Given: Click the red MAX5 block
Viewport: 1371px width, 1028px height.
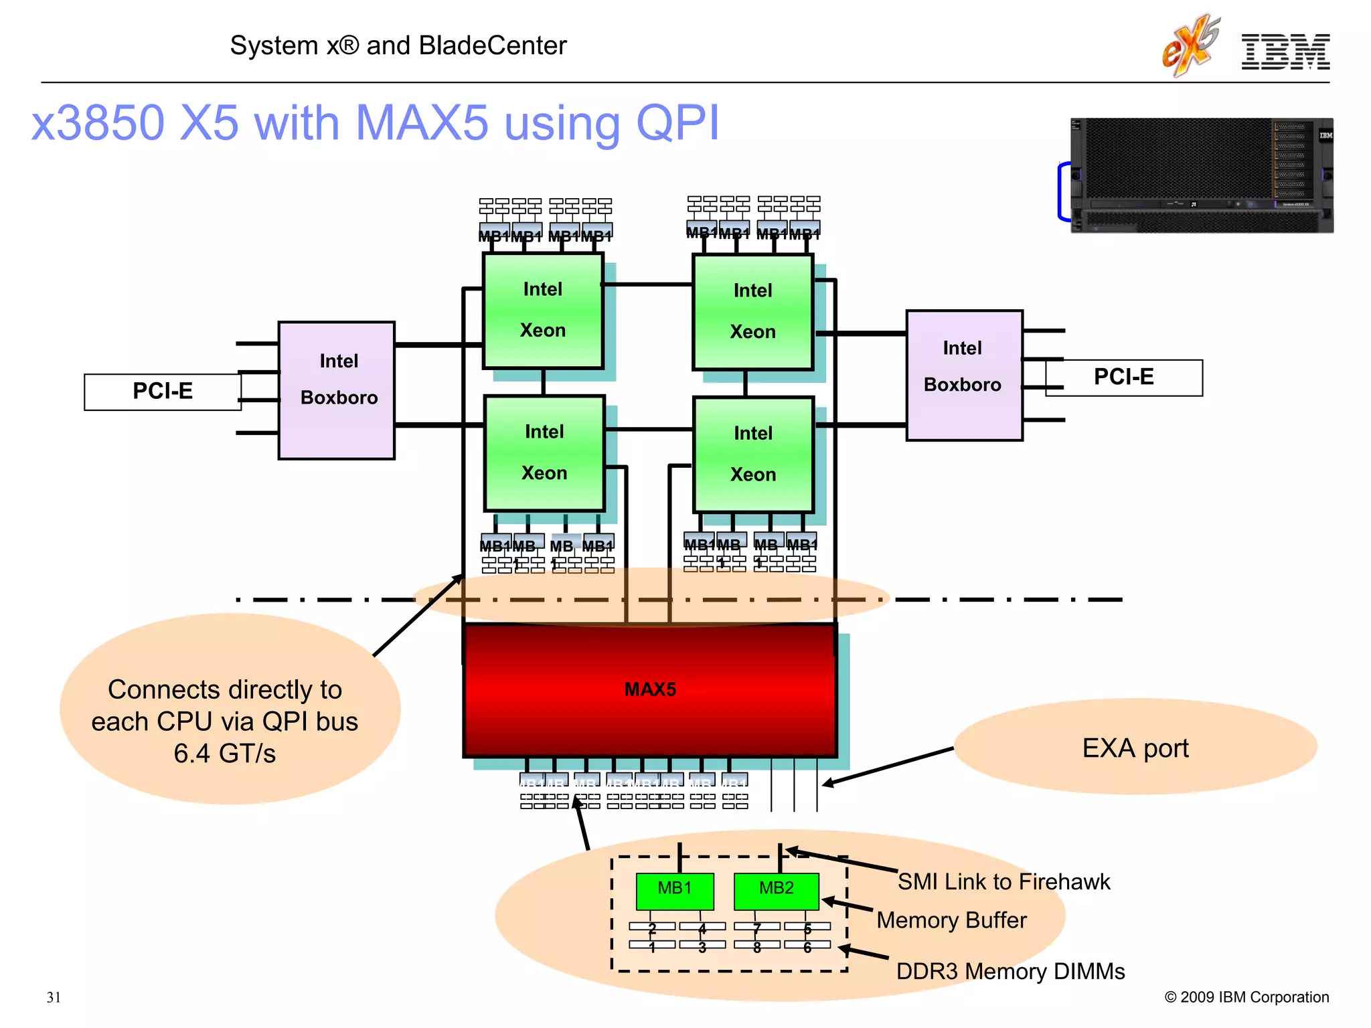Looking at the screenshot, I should [x=649, y=690].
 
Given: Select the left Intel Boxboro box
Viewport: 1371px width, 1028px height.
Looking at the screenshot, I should [x=337, y=390].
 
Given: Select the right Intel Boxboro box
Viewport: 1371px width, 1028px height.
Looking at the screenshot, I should [x=964, y=375].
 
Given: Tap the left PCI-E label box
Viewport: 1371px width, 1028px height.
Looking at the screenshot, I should [x=162, y=392].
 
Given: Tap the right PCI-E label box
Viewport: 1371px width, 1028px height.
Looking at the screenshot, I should [x=1123, y=377].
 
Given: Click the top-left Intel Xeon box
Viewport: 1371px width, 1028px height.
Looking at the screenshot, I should [x=543, y=311].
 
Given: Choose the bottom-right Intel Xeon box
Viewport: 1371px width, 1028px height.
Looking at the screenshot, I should [x=753, y=454].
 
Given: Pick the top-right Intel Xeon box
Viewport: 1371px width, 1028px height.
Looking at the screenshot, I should [x=753, y=312].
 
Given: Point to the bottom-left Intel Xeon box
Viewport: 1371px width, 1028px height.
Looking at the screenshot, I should [x=544, y=453].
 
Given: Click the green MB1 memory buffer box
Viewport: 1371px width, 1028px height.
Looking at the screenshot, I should [x=674, y=890].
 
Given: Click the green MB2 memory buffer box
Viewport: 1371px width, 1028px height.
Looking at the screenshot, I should [x=776, y=890].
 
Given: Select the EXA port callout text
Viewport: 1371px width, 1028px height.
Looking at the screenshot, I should [x=1135, y=748].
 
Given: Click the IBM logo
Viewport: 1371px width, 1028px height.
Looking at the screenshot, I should [x=1285, y=52].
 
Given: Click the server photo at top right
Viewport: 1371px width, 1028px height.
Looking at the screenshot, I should [x=1202, y=175].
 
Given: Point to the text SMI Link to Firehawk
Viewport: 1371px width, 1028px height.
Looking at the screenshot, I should [x=1003, y=881].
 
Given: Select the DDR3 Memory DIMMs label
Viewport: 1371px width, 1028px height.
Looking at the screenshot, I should [x=1010, y=971].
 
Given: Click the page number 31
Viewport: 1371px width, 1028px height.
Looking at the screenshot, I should [x=54, y=997].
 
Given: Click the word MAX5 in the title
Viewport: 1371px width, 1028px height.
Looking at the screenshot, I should [x=422, y=123].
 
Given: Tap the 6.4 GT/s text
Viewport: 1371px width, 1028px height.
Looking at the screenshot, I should [x=224, y=754].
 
